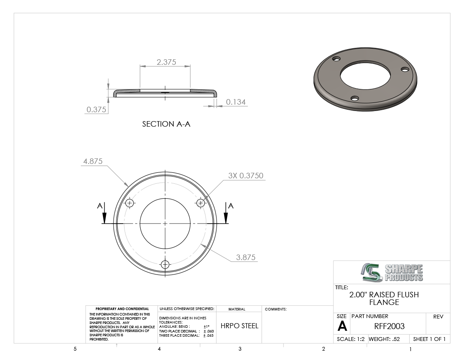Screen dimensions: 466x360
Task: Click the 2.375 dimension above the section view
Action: pos(166,62)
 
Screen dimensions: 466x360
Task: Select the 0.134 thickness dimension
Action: pos(236,102)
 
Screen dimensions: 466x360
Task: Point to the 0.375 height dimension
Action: pos(96,110)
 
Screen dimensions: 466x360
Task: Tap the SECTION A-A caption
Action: pos(166,124)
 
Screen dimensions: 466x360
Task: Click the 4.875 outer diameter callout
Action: pos(93,161)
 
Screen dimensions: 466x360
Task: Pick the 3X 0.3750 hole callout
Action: pos(246,175)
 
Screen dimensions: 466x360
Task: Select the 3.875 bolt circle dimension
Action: pos(246,257)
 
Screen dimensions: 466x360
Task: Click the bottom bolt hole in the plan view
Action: pos(165,264)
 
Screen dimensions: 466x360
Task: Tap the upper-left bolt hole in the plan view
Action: pos(130,203)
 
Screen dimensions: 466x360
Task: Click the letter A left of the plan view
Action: pos(100,206)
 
